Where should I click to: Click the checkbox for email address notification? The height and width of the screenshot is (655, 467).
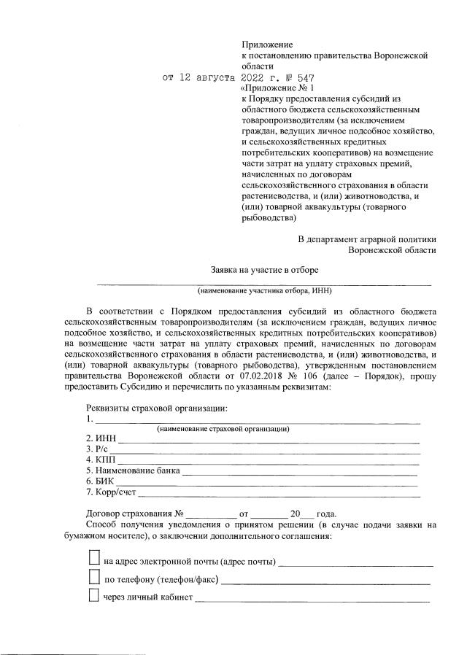[93, 558]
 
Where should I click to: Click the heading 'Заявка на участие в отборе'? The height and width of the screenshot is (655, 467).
[265, 269]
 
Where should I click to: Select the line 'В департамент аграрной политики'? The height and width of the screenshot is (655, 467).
[367, 239]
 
